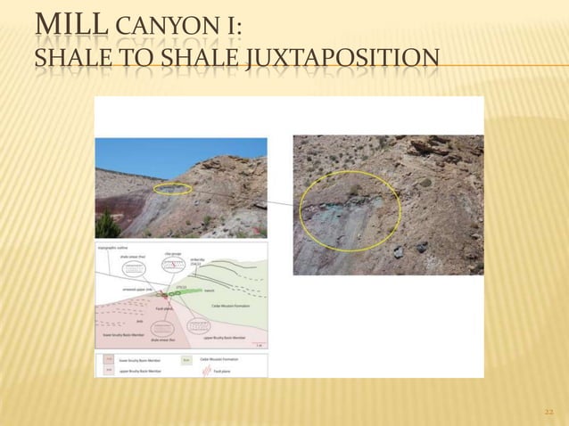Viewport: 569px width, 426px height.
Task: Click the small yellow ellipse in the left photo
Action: tap(172, 189)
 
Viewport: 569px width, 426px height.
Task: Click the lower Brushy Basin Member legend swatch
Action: tap(109, 358)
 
